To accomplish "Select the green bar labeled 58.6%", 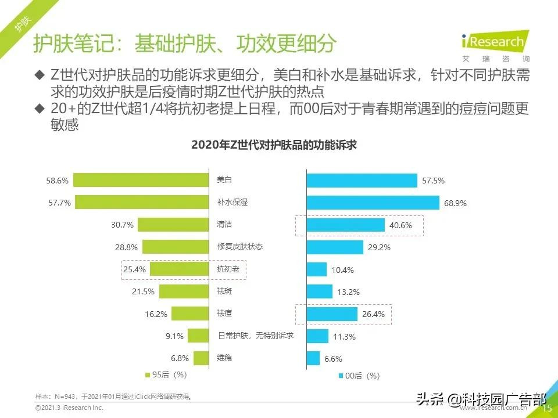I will click(141, 181).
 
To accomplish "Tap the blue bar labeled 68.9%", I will click(373, 203).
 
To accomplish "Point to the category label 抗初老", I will click(224, 269).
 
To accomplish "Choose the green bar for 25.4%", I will click(180, 269).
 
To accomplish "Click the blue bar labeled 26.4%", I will click(332, 314).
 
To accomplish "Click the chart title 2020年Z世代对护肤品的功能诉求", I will click(274, 146).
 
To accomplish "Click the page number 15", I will click(546, 409).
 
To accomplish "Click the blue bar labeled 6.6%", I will click(313, 358).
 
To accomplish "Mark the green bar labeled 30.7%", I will click(173, 225).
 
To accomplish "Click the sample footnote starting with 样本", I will click(114, 397).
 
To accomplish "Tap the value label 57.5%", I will click(433, 181).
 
